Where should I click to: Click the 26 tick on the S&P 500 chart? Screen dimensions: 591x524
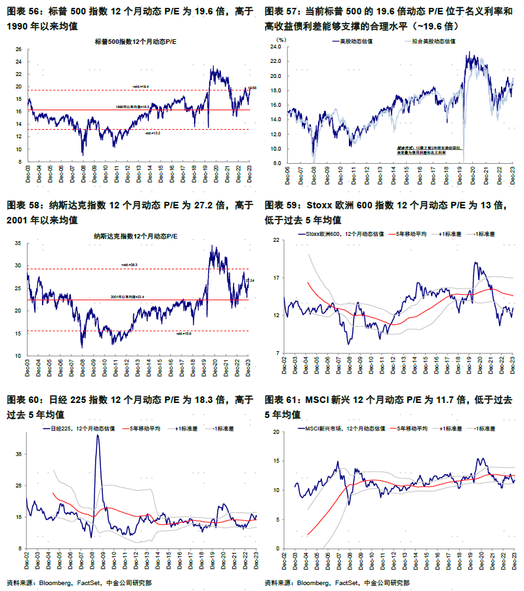coord(19,49)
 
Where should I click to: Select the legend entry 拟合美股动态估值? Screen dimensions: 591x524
coord(430,41)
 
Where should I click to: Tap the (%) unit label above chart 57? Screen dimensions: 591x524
coord(281,39)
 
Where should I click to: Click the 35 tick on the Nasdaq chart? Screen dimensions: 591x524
coord(19,243)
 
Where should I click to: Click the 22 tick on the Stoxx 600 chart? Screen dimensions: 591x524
coord(276,240)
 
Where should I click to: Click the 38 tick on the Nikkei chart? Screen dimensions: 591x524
coord(19,454)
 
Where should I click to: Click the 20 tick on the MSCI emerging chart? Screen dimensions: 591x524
coord(276,432)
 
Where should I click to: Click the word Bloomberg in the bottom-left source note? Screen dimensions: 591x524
coord(57,582)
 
